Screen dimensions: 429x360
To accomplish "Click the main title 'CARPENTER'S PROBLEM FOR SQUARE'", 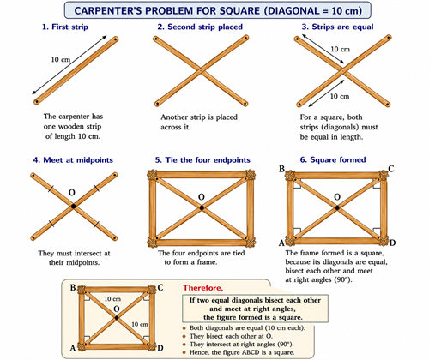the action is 166,11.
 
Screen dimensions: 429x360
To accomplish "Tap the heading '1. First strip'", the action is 65,27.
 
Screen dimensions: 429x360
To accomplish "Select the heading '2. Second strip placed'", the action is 200,27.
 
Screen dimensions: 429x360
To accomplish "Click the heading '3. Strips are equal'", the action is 337,27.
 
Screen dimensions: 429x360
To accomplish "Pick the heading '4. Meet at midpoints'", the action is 73,160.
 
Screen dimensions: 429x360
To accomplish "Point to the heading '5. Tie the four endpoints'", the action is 202,160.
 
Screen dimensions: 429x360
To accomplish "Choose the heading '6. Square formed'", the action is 333,159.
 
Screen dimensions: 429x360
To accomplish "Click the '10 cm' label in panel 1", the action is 61,59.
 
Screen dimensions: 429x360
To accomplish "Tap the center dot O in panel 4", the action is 74,206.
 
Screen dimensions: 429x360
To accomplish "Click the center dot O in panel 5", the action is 202,207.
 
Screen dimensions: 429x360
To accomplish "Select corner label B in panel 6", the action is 281,169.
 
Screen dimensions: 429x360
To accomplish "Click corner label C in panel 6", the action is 391,169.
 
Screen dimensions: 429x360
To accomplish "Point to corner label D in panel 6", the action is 392,243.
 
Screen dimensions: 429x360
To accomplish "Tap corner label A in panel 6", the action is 281,243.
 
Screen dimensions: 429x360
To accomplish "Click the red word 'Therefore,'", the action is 202,287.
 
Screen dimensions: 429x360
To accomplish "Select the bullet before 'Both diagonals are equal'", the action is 184,328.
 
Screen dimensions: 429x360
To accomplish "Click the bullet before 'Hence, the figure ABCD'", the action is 184,352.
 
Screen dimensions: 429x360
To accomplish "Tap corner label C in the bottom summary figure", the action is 160,287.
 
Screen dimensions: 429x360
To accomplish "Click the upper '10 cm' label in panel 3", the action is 340,49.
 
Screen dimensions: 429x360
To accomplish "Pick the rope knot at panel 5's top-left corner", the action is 153,175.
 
